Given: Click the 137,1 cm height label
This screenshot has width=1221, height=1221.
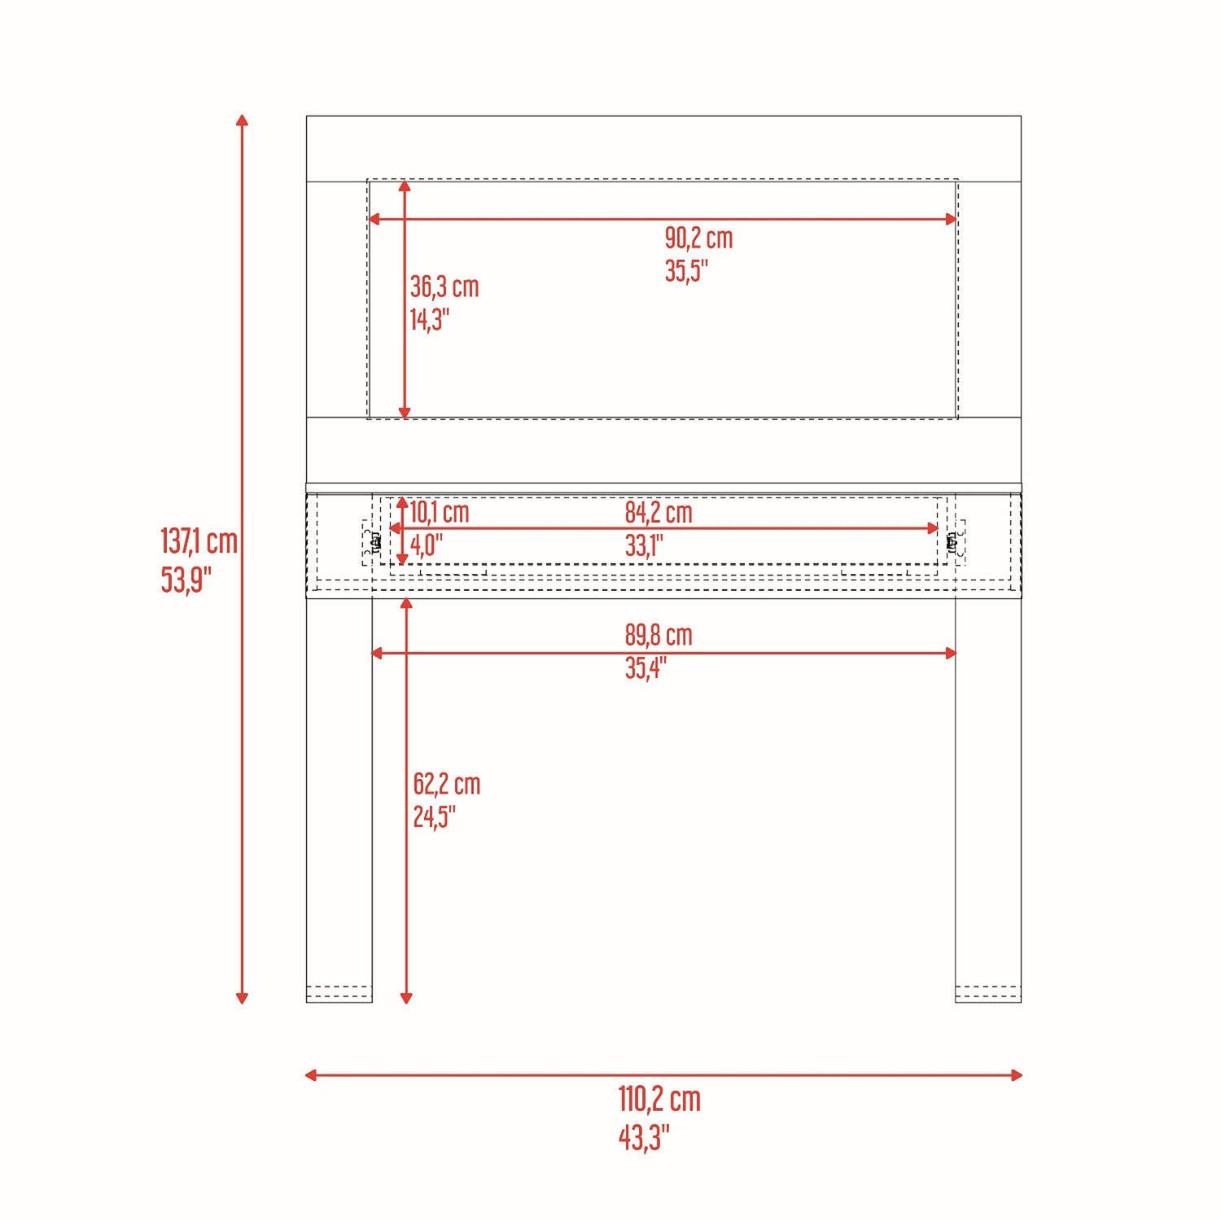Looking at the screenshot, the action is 199,540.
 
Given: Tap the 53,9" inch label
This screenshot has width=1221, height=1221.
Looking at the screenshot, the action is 186,580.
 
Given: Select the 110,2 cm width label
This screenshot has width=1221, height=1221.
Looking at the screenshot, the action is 659,1099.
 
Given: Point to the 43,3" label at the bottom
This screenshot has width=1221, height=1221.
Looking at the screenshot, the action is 644,1137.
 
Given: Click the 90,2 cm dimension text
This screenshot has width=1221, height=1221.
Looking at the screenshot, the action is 698,238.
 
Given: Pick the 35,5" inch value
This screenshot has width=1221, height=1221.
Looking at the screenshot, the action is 686,270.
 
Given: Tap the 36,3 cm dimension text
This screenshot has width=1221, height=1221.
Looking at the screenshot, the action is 444,287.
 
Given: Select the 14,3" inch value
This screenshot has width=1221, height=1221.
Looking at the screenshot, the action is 429,319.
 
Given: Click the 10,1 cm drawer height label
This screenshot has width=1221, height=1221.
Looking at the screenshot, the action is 440,512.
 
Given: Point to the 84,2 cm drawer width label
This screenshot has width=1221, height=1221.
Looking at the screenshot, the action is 659,512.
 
